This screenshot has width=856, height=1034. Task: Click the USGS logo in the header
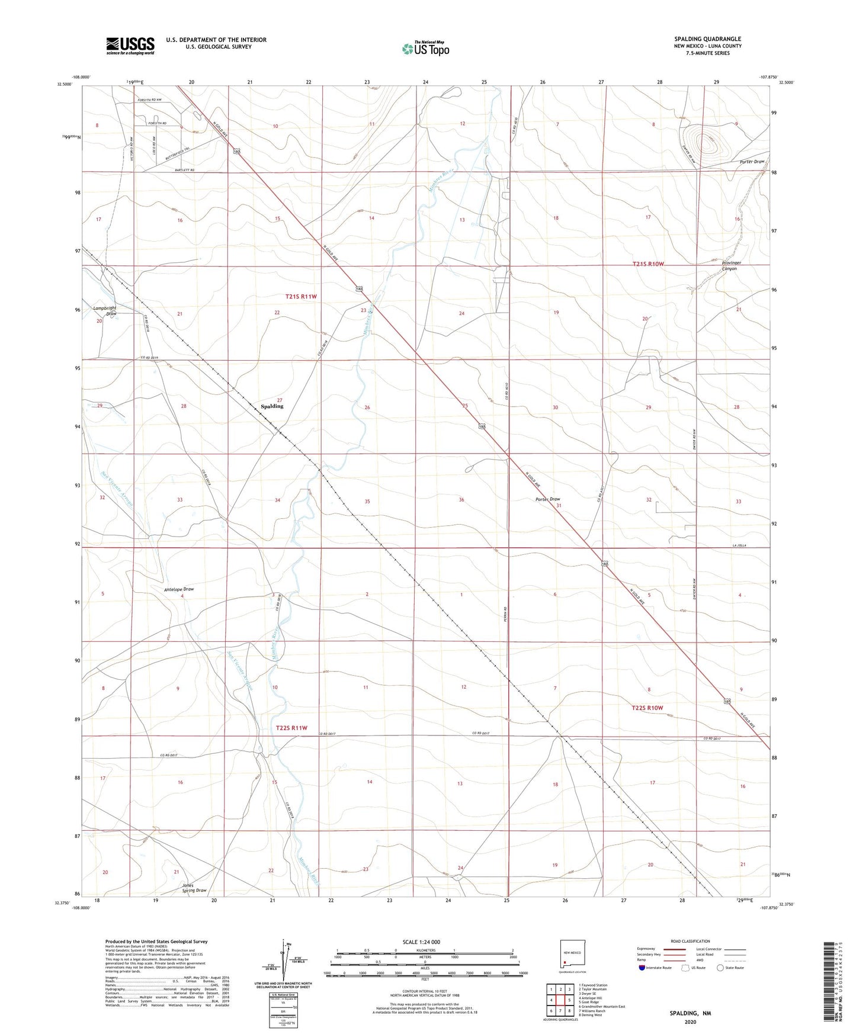[130, 46]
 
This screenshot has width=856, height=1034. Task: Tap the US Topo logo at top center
[425, 48]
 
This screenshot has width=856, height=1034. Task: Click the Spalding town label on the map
[272, 406]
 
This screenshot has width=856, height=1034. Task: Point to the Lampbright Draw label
[104, 312]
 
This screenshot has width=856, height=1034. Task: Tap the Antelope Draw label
[179, 589]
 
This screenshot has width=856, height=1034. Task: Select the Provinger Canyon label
[729, 266]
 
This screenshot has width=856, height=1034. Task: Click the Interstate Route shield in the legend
[643, 968]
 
